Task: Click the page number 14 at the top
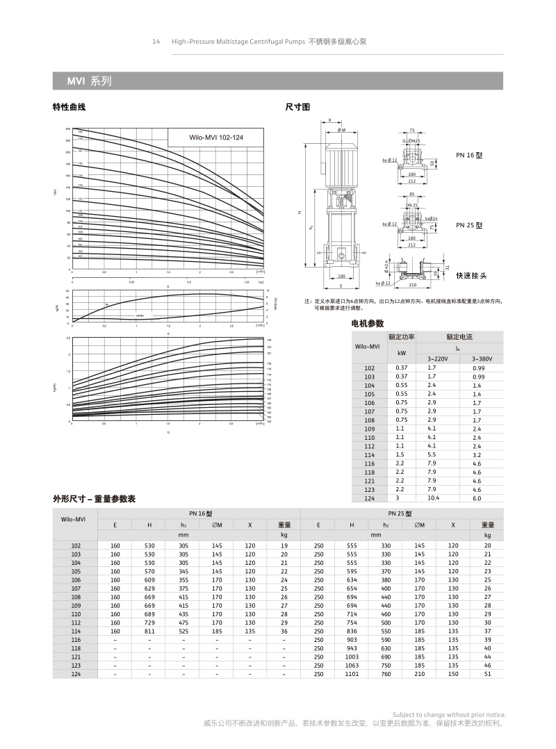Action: (156, 42)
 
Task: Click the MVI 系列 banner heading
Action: (89, 81)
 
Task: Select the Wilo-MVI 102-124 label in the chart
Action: (216, 138)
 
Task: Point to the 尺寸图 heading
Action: (297, 107)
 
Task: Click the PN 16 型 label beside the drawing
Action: (468, 155)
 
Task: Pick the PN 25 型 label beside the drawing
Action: (468, 225)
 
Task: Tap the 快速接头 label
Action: (471, 275)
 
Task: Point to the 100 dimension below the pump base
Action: (341, 277)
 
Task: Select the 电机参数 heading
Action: (368, 324)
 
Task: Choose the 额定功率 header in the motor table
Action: (401, 337)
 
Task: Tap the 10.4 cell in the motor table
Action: (433, 498)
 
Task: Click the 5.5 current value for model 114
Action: (432, 454)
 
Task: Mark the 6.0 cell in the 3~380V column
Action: (477, 498)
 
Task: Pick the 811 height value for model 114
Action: (149, 630)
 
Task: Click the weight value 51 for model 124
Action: (487, 673)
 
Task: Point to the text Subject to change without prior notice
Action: (449, 714)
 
